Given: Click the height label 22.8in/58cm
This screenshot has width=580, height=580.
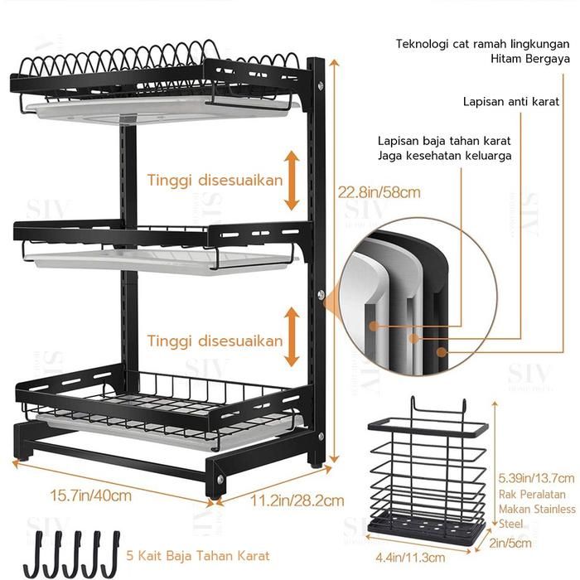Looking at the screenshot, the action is [379, 192].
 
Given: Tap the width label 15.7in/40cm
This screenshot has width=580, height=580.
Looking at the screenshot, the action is [90, 495].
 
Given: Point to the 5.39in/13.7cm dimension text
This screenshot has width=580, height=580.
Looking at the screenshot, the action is [536, 478].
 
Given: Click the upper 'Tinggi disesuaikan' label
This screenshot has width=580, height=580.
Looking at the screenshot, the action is [215, 180].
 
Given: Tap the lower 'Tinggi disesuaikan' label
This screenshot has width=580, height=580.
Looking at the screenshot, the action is [215, 340].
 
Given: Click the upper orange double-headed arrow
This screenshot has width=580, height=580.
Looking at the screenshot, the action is [291, 180].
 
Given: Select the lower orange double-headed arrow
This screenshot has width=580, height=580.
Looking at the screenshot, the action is [291, 336].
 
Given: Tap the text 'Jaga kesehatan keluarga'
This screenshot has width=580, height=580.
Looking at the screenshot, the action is [444, 155].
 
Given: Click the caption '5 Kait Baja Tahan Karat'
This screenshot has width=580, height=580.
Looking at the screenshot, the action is [199, 554].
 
